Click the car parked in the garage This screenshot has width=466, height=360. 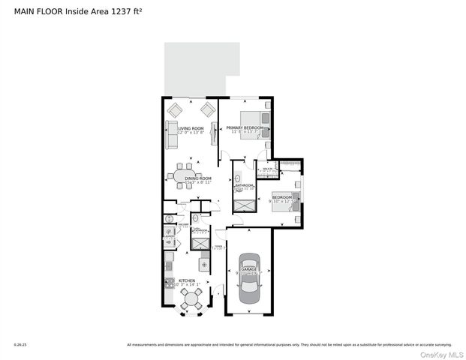pos(248,278)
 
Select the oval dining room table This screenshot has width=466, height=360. pos(185,176)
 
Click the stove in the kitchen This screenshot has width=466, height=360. pos(170,283)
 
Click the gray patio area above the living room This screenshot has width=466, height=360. pos(202,68)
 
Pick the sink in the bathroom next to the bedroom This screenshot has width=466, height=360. pos(238,179)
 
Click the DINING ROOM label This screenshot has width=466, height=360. pos(187,178)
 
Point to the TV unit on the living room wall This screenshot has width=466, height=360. pos(215,135)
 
